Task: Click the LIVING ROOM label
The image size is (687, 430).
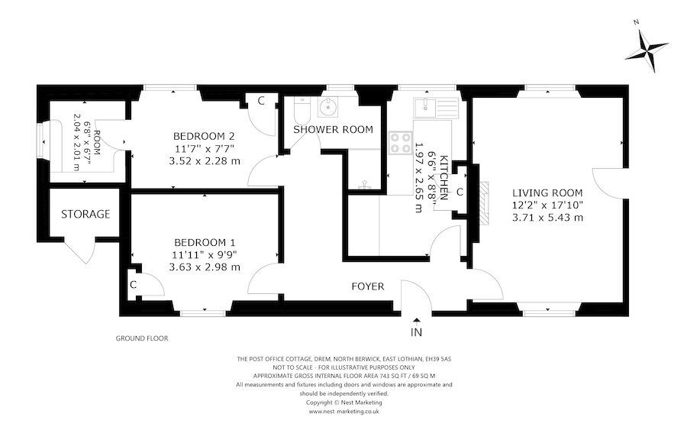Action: point(547,192)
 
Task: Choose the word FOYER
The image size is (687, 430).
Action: point(367,286)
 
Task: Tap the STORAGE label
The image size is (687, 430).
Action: point(85,214)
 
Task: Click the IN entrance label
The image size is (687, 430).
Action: point(416,332)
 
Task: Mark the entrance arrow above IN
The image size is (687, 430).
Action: point(416,320)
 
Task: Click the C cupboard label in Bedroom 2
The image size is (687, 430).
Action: point(260,101)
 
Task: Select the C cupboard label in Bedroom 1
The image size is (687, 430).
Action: point(133,285)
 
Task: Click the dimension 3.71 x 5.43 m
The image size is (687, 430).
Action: point(547,217)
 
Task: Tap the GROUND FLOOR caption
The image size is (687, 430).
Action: point(141,338)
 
